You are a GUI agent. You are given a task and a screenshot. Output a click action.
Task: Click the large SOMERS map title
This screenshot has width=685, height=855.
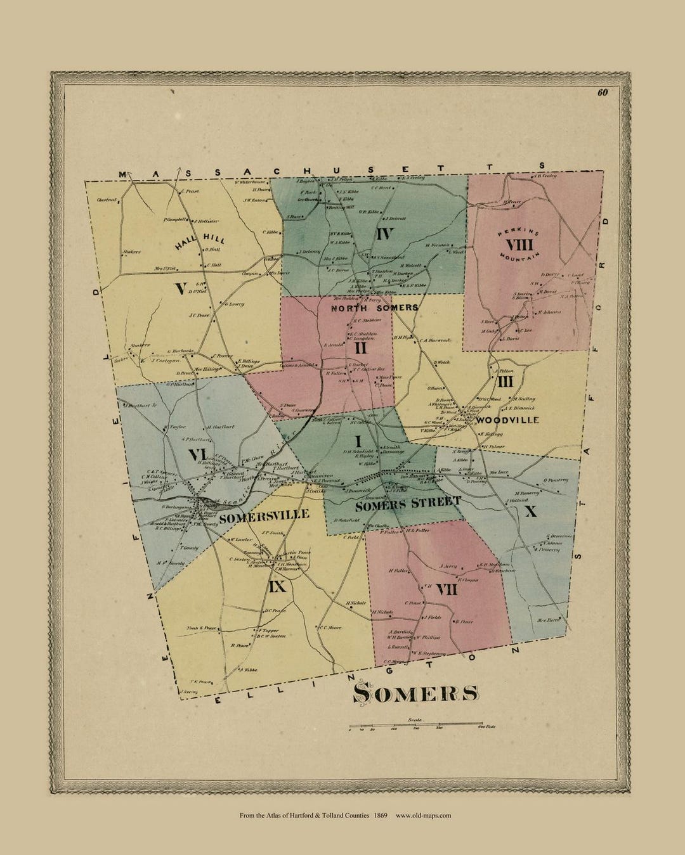(x=415, y=693)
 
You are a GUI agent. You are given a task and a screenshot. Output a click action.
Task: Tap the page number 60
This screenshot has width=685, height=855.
(x=602, y=93)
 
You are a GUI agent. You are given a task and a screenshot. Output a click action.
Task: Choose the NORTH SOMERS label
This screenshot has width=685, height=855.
(x=374, y=307)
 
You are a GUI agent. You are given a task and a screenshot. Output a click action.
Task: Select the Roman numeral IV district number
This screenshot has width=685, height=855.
(x=385, y=234)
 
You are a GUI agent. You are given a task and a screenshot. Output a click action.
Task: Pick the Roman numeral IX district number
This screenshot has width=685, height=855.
(x=277, y=587)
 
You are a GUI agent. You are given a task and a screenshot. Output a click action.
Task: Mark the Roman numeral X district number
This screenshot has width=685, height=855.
(x=531, y=511)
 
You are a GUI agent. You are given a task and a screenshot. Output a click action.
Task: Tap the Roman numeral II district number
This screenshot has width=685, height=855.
(x=360, y=347)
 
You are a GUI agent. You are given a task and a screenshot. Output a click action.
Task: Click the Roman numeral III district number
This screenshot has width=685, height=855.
(x=505, y=381)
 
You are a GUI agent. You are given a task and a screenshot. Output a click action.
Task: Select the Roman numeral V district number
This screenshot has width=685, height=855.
(x=181, y=289)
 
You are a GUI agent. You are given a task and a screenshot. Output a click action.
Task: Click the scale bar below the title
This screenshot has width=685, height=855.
(x=415, y=724)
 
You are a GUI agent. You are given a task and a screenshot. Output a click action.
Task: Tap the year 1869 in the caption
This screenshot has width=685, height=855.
(x=381, y=816)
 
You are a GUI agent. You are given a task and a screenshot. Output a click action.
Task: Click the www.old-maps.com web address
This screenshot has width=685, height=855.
(x=423, y=816)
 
